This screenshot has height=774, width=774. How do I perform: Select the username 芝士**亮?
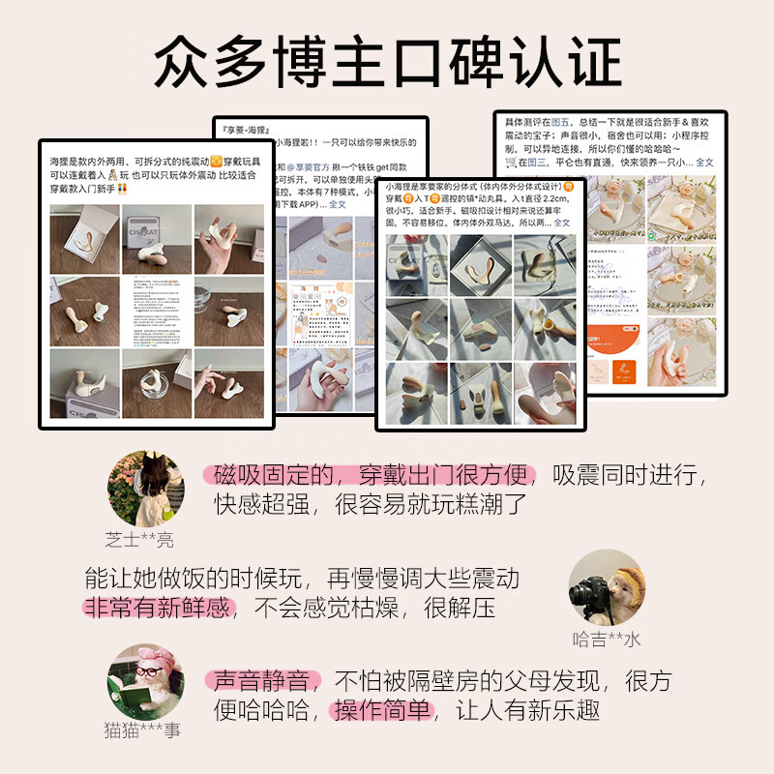(x=140, y=540)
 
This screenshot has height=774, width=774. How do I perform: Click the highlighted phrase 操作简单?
(x=382, y=710)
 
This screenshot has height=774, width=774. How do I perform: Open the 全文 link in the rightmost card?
(x=704, y=163)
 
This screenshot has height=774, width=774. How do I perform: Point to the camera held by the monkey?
(x=587, y=593)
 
